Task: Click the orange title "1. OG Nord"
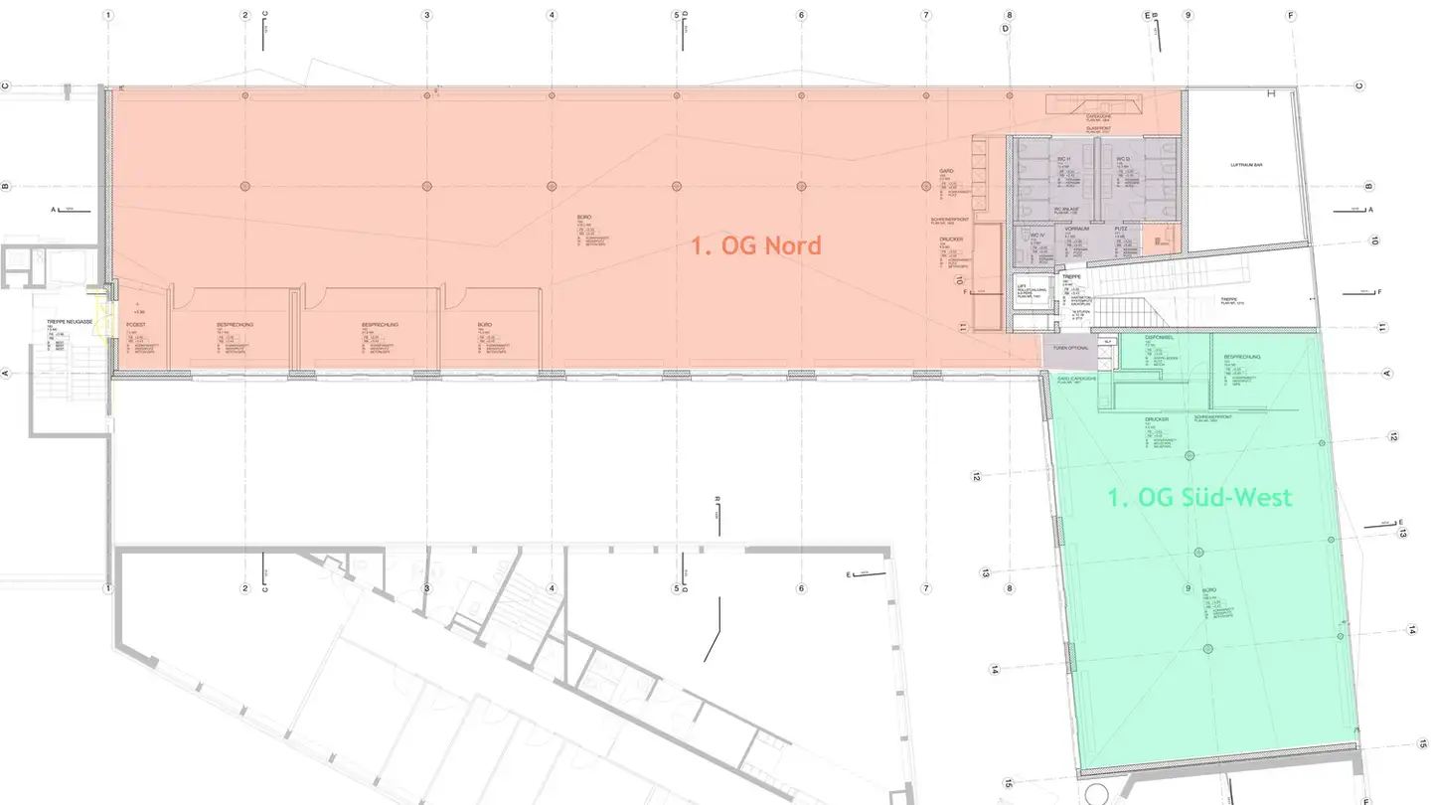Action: point(756,245)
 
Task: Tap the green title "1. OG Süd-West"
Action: point(1200,497)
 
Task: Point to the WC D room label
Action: point(1124,159)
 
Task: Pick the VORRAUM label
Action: point(1077,229)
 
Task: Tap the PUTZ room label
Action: point(1121,229)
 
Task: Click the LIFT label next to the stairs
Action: point(1021,285)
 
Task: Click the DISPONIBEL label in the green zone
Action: point(1160,337)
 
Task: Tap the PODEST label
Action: point(136,325)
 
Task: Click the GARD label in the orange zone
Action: point(946,171)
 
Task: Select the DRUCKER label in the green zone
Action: point(1156,419)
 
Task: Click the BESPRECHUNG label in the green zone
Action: point(1242,356)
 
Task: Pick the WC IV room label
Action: point(1037,236)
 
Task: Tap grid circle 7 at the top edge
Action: point(926,16)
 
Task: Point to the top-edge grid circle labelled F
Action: point(1291,16)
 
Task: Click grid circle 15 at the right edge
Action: point(1422,742)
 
